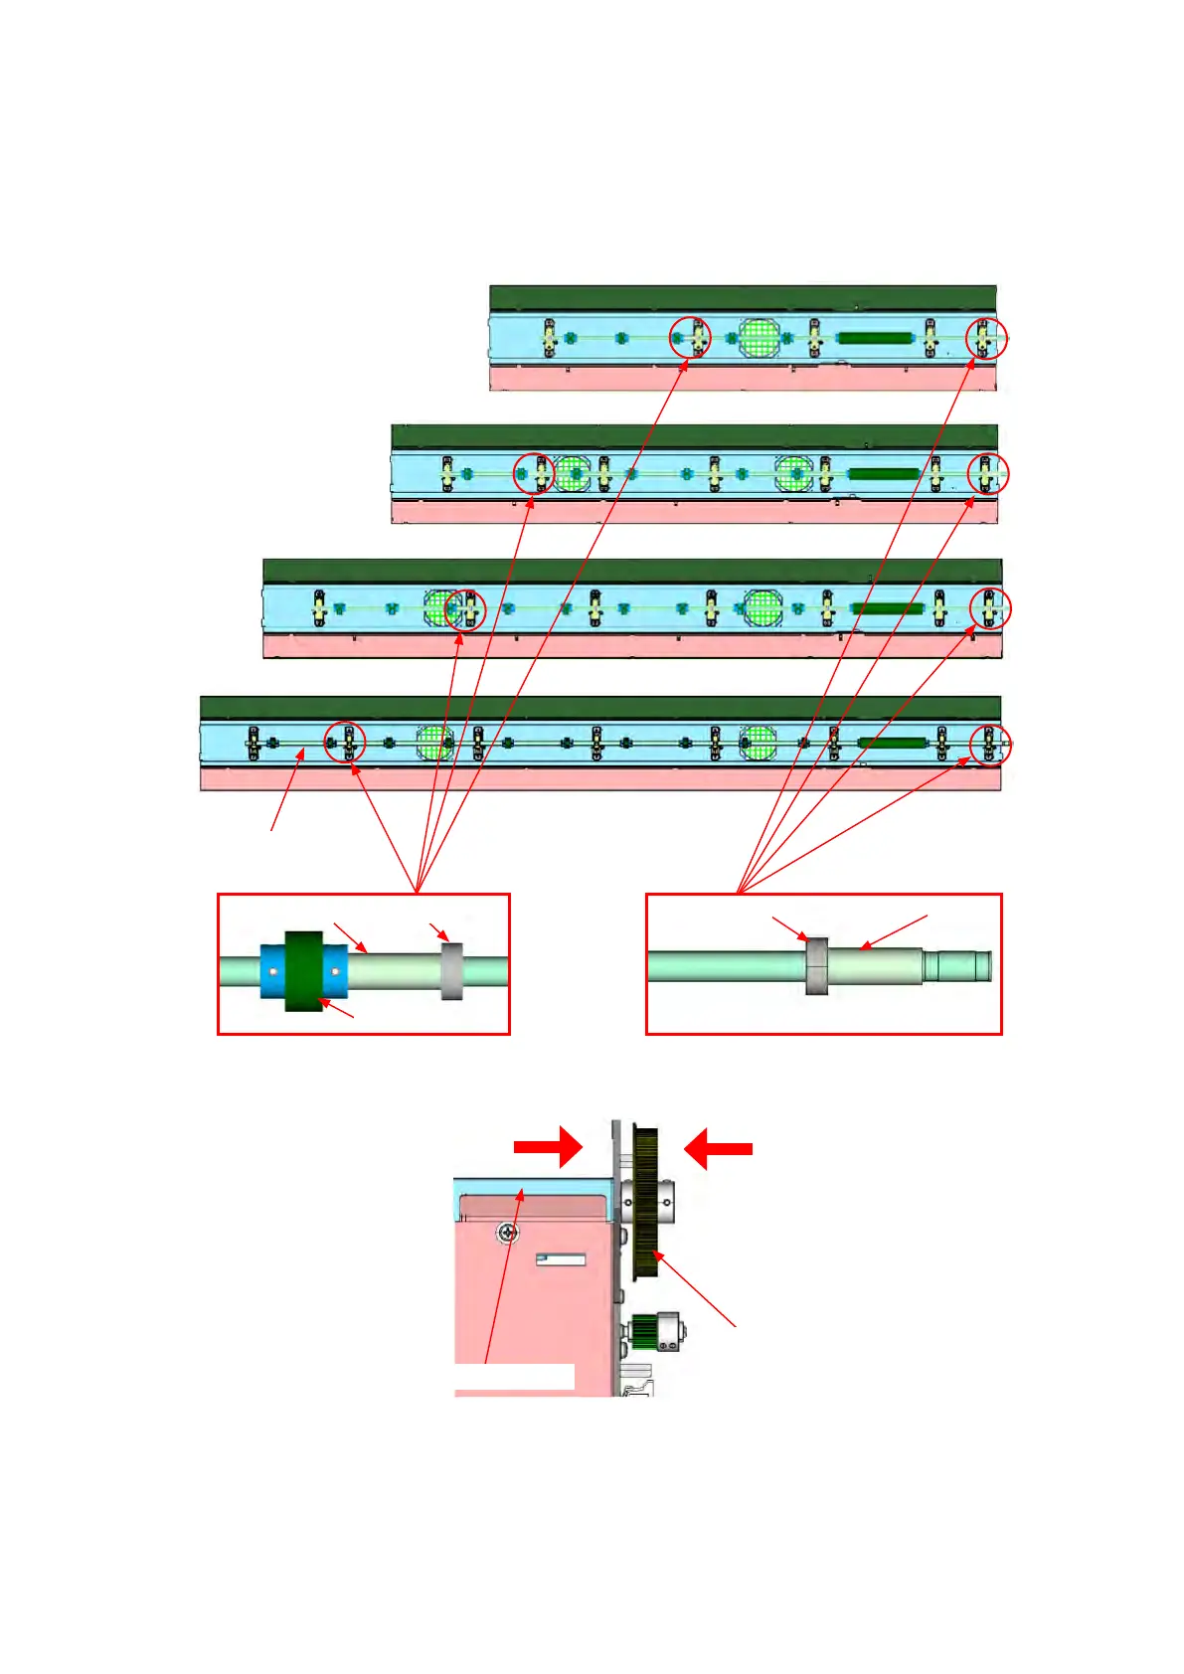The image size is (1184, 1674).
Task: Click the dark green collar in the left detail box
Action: point(304,971)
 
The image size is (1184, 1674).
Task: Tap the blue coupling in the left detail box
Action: point(271,971)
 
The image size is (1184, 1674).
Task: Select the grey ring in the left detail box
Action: point(451,971)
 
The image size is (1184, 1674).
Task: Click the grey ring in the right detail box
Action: point(816,966)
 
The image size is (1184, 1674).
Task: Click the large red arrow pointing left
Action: point(718,1148)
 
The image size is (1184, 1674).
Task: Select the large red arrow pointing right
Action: point(548,1147)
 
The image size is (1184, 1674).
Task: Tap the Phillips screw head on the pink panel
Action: point(509,1233)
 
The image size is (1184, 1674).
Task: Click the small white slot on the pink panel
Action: point(562,1259)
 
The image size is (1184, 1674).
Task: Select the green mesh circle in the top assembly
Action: point(759,338)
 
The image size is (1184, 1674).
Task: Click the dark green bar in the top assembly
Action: point(875,338)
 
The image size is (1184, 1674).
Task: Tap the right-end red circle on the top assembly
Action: point(987,338)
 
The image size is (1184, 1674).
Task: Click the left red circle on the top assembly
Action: point(690,338)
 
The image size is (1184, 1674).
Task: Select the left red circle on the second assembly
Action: point(534,474)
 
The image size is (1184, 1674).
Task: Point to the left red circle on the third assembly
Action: point(465,609)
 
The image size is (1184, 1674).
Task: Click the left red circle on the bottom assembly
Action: point(346,742)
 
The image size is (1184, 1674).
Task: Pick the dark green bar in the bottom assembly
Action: point(893,743)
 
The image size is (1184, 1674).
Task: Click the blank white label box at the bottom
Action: point(514,1377)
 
